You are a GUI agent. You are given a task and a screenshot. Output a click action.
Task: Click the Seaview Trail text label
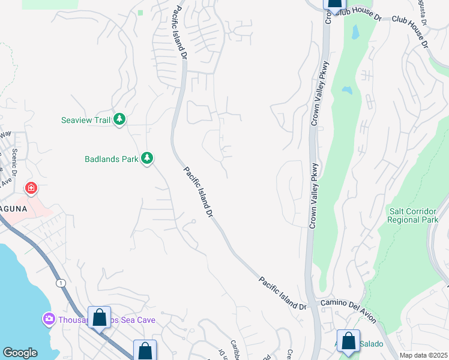pos(86,120)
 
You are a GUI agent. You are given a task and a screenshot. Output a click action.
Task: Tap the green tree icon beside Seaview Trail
pos(119,120)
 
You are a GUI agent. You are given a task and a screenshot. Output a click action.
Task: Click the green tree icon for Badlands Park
pos(146,158)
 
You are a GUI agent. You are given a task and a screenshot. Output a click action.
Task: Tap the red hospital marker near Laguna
pos(31,189)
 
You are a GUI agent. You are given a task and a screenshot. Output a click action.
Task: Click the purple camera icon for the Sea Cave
pos(48,319)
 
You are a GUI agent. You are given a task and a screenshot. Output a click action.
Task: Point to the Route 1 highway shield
pos(59,282)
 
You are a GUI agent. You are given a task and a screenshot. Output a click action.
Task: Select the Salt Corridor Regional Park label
pos(414,215)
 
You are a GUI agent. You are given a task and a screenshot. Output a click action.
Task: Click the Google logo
pos(20,353)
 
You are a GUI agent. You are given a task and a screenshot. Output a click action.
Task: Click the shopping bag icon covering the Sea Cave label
pos(99,317)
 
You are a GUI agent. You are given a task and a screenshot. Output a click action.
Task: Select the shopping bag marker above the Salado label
pos(348,341)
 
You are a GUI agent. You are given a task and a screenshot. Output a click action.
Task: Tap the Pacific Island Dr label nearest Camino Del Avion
pos(282,293)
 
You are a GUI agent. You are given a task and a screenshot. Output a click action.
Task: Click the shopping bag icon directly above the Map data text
pos(348,341)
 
